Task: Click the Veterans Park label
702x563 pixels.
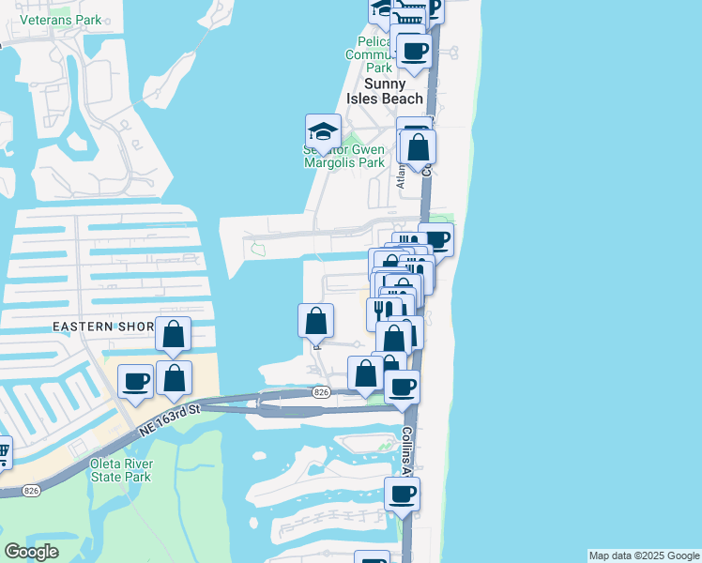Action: click(x=60, y=19)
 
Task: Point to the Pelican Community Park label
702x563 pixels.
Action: click(x=378, y=54)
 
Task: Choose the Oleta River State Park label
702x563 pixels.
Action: click(x=120, y=470)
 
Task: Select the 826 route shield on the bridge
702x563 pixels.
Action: click(x=322, y=391)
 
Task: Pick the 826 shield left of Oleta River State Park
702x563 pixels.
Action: click(x=31, y=490)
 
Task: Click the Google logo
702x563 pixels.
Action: click(x=31, y=552)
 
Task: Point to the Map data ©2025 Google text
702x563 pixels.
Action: click(x=643, y=555)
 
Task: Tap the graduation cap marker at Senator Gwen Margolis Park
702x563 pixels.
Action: click(x=323, y=132)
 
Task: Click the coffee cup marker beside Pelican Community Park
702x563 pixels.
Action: click(x=413, y=50)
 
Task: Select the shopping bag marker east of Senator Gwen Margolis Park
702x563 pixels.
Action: click(x=419, y=146)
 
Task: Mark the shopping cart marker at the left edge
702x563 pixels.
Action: click(x=3, y=453)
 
